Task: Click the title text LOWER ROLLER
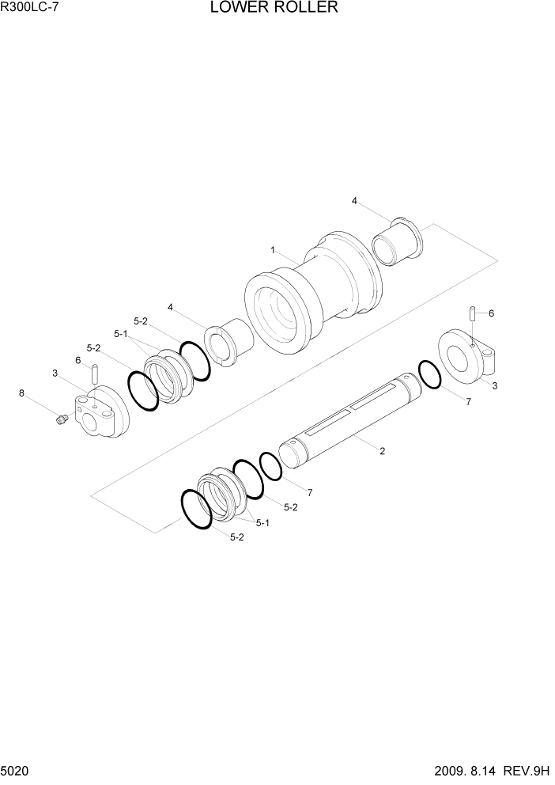tap(274, 9)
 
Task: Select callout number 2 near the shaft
tap(382, 452)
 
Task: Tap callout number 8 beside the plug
tap(22, 392)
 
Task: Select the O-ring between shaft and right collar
tap(429, 374)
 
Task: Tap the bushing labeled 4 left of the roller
tap(228, 343)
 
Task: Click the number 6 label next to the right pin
tap(491, 313)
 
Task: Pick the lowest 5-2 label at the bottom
tap(236, 537)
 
